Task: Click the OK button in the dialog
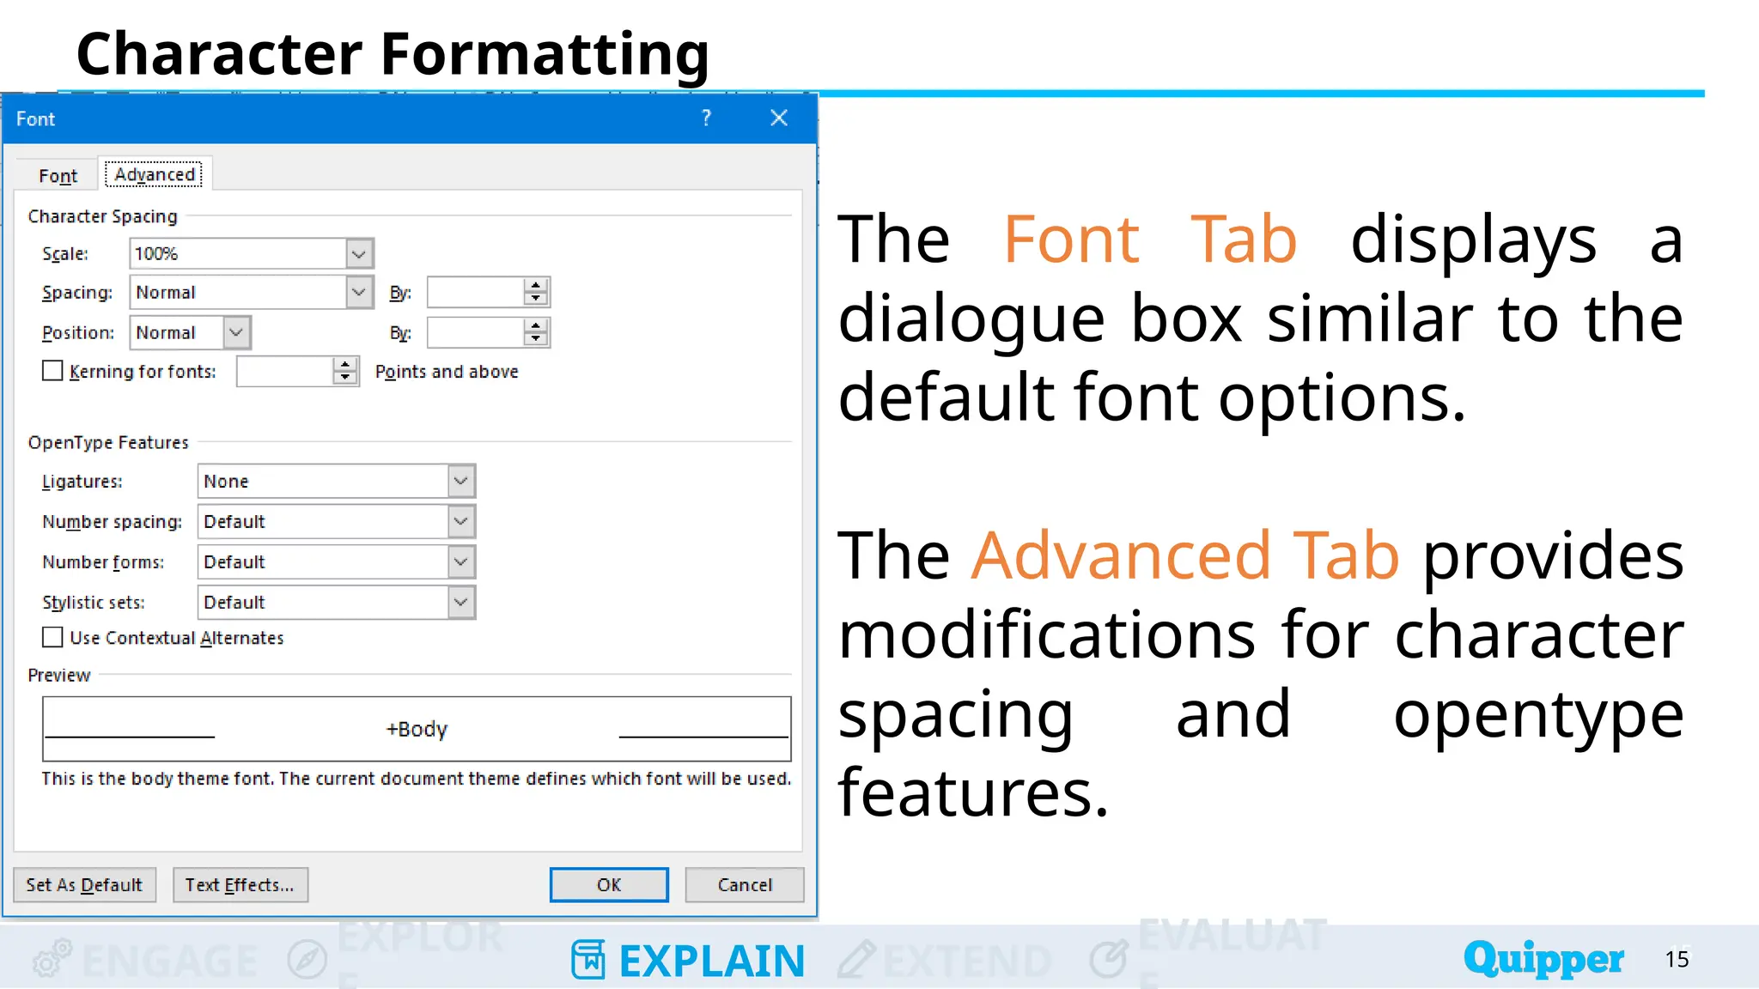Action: [x=608, y=884]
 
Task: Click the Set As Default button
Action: [x=84, y=884]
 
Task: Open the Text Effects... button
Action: [x=240, y=884]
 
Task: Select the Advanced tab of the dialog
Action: [x=155, y=174]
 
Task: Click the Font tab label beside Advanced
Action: [x=58, y=175]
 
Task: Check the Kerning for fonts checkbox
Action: [x=52, y=371]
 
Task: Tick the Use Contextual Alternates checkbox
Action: [x=52, y=637]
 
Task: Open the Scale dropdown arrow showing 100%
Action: [x=359, y=254]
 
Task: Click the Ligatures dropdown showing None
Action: [x=336, y=482]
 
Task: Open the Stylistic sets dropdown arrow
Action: [x=461, y=603]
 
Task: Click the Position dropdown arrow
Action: [x=236, y=332]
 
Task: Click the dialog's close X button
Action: [x=779, y=118]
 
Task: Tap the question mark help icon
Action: [x=706, y=118]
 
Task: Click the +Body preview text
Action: [x=417, y=729]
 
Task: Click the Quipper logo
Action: [x=1543, y=958]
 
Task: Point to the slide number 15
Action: [x=1677, y=959]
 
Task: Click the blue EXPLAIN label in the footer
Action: [x=711, y=961]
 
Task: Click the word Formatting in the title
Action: [x=545, y=54]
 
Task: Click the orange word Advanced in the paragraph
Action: [x=1121, y=555]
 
